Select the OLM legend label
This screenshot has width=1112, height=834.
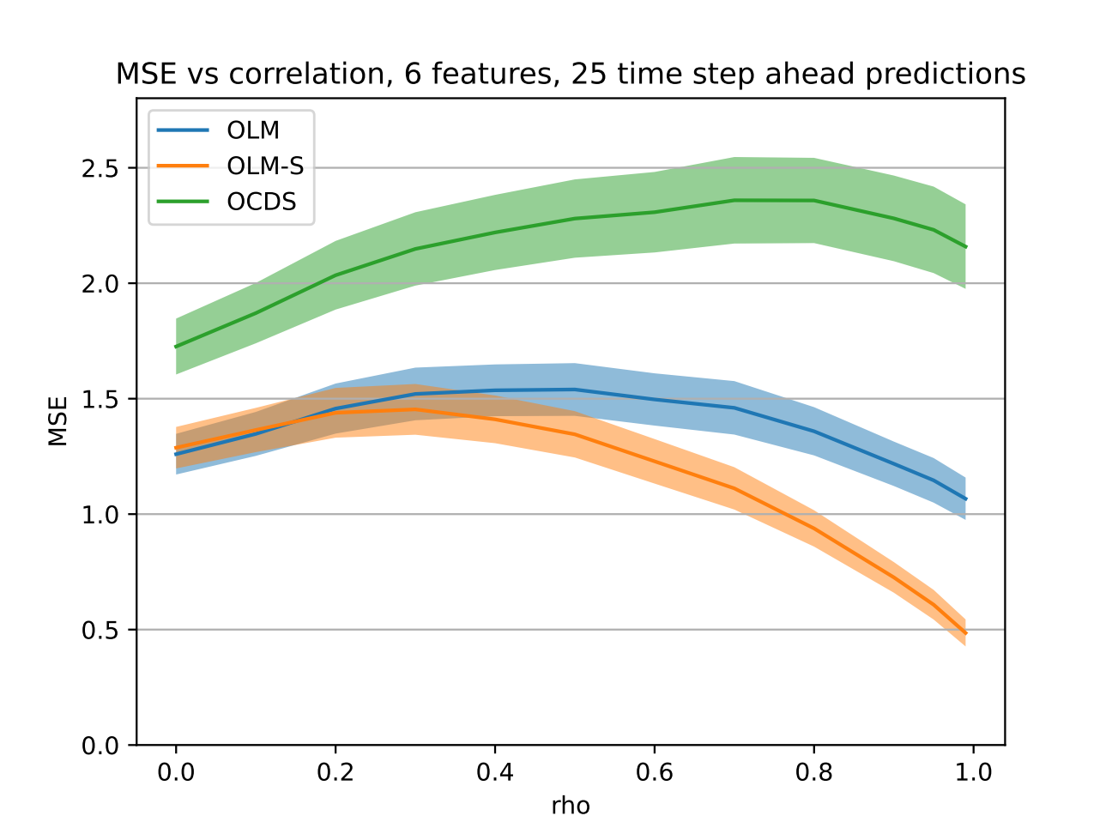coord(253,130)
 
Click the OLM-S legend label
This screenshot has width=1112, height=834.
coord(265,166)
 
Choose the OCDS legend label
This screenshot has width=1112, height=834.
coord(262,202)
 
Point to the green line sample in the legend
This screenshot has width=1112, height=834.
coord(183,202)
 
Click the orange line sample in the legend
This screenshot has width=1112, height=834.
coord(183,166)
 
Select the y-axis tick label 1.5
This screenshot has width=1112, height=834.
coord(100,400)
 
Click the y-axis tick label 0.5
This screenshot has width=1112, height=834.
coord(100,631)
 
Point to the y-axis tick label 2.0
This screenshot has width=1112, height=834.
coord(100,284)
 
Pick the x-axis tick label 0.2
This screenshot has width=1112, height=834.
coord(335,773)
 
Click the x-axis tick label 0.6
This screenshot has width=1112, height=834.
coord(654,773)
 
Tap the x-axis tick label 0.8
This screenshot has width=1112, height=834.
coord(813,773)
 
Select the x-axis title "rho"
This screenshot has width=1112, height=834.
coord(571,807)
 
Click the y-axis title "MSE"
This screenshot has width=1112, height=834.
coord(57,421)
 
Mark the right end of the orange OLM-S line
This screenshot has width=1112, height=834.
coord(966,633)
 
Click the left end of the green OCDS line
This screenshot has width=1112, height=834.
coord(175,347)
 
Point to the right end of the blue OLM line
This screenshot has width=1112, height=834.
coord(966,499)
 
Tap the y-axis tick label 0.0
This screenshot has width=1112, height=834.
coord(100,746)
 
